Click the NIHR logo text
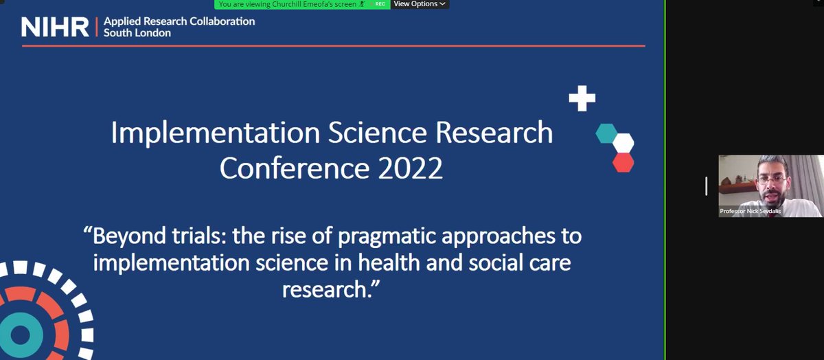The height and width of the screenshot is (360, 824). point(55,27)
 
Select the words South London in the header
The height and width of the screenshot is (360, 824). point(137,33)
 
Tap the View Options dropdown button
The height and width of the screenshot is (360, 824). point(420,4)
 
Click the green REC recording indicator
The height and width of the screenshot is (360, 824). point(380,4)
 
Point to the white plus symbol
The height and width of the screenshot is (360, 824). point(582,98)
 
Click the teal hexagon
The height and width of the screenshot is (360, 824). point(606,133)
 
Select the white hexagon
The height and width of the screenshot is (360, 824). point(623,143)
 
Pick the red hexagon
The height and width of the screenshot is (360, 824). point(623,163)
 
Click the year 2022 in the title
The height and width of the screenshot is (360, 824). point(410,168)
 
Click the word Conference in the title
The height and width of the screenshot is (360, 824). point(295,168)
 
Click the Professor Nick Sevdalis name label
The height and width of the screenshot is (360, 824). point(751,211)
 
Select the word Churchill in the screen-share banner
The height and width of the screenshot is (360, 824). point(286,4)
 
